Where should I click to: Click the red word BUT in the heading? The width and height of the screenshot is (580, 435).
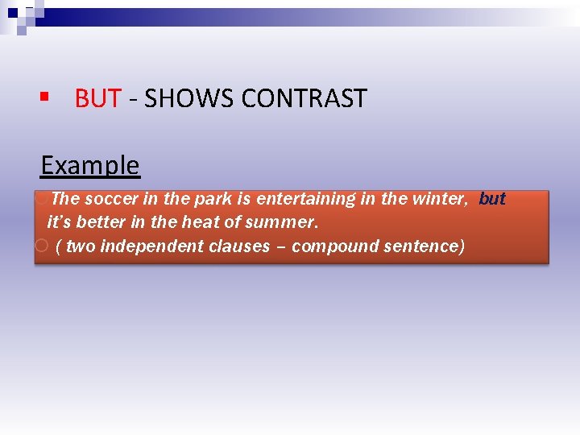(x=97, y=98)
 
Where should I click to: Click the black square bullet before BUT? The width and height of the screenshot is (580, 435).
(x=46, y=98)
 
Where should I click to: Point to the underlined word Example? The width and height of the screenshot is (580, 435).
(x=89, y=165)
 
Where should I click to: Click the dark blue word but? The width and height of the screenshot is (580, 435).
(x=492, y=199)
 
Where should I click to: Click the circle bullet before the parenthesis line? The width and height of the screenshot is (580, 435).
(x=42, y=246)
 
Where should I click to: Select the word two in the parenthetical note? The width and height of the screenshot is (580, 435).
(x=81, y=246)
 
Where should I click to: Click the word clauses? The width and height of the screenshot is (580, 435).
(x=239, y=246)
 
